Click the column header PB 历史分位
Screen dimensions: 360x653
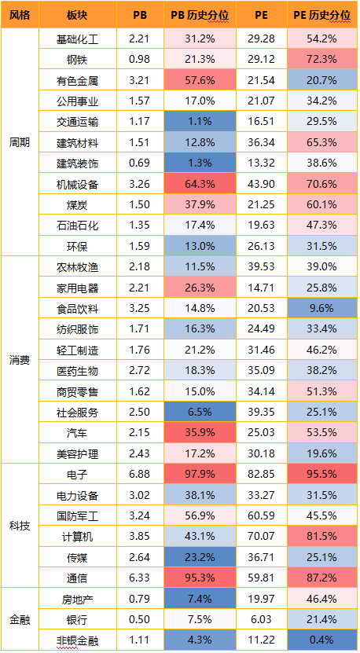200,15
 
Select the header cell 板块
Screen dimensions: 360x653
78,15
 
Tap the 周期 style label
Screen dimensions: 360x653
20,142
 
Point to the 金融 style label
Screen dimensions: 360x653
20,620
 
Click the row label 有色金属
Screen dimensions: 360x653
78,80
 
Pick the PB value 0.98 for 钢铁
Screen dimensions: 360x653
140,60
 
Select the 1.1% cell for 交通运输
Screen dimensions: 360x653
200,122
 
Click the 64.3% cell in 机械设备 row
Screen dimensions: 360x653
200,184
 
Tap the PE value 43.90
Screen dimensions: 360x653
262,184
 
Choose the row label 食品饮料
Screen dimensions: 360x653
78,309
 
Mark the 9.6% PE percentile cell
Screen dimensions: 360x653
322,309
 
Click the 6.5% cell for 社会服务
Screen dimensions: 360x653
200,413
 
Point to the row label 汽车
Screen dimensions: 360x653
78,433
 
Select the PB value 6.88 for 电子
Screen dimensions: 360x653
140,475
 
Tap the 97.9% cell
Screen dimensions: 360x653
200,475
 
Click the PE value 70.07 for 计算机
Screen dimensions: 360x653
262,537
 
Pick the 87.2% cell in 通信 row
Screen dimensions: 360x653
322,578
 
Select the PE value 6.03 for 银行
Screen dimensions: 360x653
262,620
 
